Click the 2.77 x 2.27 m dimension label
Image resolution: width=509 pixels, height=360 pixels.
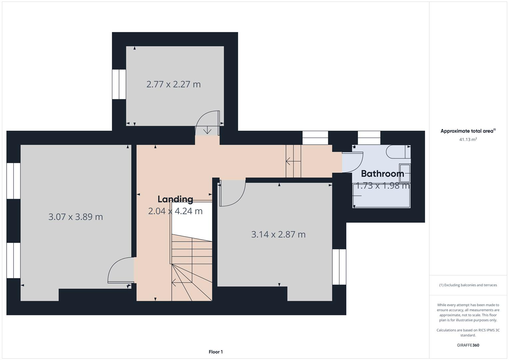pyautogui.click(x=173, y=84)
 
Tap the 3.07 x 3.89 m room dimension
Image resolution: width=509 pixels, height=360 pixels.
pyautogui.click(x=76, y=217)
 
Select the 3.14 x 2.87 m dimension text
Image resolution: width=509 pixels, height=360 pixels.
pyautogui.click(x=278, y=234)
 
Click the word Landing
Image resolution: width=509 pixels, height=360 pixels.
pyautogui.click(x=175, y=199)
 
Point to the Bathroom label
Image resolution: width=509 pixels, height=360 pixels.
pyautogui.click(x=382, y=173)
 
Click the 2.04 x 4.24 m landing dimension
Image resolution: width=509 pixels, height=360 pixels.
pyautogui.click(x=175, y=211)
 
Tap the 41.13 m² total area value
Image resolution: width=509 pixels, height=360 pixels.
pyautogui.click(x=468, y=139)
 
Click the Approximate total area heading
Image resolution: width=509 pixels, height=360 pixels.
pyautogui.click(x=468, y=131)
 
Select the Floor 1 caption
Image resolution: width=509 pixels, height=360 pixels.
pyautogui.click(x=216, y=352)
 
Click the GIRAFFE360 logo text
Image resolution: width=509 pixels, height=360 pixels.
pyautogui.click(x=468, y=345)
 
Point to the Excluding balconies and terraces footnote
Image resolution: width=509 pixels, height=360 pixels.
pyautogui.click(x=468, y=285)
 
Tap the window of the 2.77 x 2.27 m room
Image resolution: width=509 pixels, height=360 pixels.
pyautogui.click(x=119, y=84)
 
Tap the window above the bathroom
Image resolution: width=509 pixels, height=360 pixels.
pyautogui.click(x=369, y=138)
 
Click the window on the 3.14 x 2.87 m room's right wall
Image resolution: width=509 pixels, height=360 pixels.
pyautogui.click(x=339, y=267)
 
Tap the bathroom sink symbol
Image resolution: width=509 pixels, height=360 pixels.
pyautogui.click(x=405, y=173)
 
